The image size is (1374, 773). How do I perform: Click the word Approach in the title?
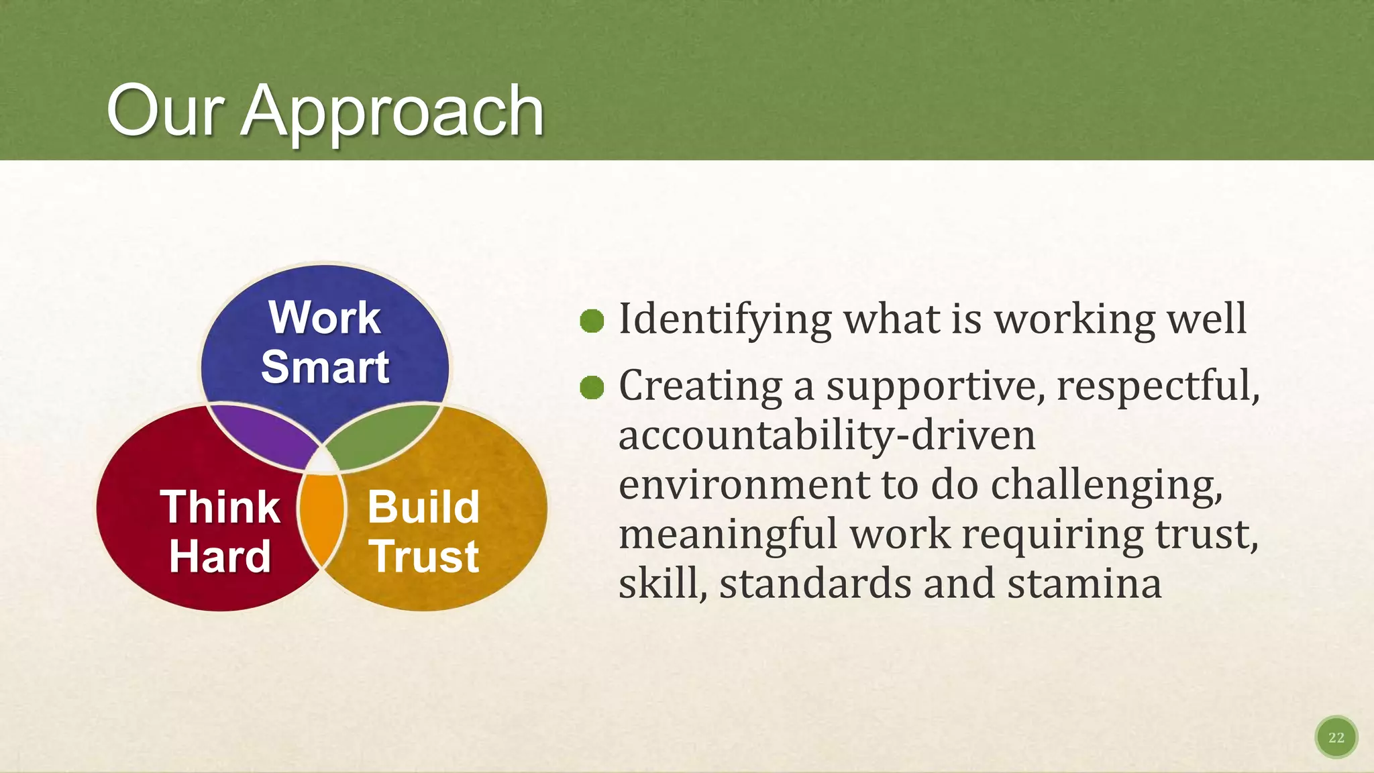pyautogui.click(x=392, y=113)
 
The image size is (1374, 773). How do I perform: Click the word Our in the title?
pyautogui.click(x=165, y=111)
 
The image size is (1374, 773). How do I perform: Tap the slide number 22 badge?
pyautogui.click(x=1336, y=737)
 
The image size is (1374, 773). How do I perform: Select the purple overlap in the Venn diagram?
pyautogui.click(x=266, y=435)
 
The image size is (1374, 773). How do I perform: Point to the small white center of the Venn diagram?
pyautogui.click(x=324, y=462)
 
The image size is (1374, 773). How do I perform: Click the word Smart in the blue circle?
pyautogui.click(x=325, y=367)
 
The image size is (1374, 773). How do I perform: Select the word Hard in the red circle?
pyautogui.click(x=219, y=556)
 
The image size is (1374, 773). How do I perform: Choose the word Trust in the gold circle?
pyautogui.click(x=425, y=556)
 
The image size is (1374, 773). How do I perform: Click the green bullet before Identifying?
pyautogui.click(x=592, y=321)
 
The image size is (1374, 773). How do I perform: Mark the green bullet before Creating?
pyautogui.click(x=592, y=387)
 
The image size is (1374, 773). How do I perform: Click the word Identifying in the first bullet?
pyautogui.click(x=725, y=319)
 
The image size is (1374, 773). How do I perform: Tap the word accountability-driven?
pyautogui.click(x=827, y=435)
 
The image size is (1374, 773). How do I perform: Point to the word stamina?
pyautogui.click(x=1084, y=584)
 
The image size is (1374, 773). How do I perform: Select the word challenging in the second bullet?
pyautogui.click(x=1106, y=485)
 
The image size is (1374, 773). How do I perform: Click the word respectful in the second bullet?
pyautogui.click(x=1157, y=386)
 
